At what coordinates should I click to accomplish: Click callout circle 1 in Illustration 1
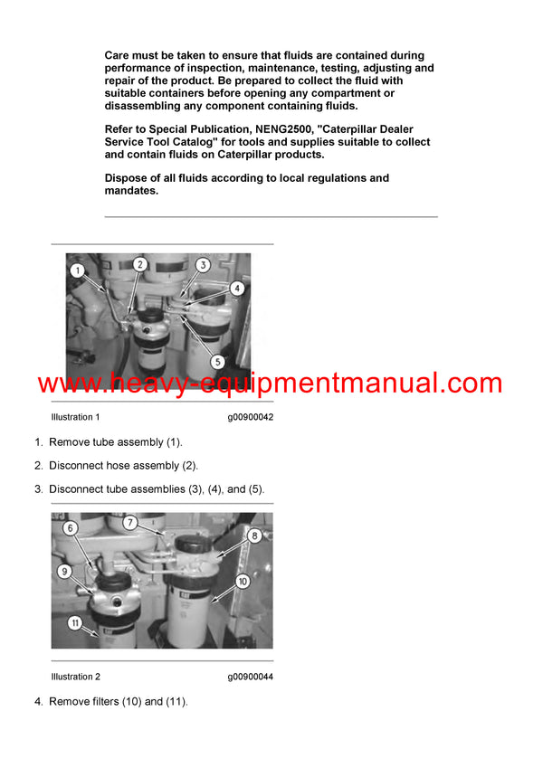[x=78, y=270]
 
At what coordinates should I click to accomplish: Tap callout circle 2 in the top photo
[x=139, y=264]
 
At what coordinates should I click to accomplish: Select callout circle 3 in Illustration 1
[x=203, y=265]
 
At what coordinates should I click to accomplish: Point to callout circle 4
[x=236, y=289]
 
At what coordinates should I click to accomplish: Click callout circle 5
[x=217, y=361]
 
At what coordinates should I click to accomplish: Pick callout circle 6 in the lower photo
[x=70, y=528]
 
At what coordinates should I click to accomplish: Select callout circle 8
[x=254, y=535]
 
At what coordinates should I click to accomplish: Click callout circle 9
[x=63, y=571]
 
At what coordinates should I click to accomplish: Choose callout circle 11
[x=76, y=623]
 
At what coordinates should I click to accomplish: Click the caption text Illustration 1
[x=76, y=417]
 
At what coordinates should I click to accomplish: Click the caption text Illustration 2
[x=76, y=677]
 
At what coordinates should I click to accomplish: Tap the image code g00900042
[x=250, y=417]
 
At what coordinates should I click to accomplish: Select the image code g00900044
[x=250, y=677]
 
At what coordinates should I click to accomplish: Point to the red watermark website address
[x=270, y=383]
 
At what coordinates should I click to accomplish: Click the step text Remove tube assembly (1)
[x=115, y=442]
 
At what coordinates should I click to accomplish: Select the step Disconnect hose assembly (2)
[x=123, y=466]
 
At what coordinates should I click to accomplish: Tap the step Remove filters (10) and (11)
[x=118, y=702]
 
